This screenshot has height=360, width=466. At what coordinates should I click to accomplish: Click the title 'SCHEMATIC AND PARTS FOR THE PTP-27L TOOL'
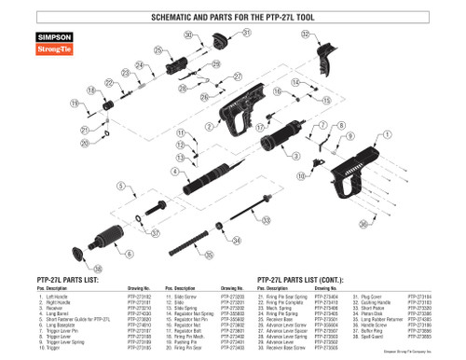pos(232,18)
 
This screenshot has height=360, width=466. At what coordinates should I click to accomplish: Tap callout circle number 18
pos(91,90)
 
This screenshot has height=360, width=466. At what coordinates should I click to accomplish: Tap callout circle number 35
pos(209,254)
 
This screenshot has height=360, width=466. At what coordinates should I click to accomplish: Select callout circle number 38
pos(99,269)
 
